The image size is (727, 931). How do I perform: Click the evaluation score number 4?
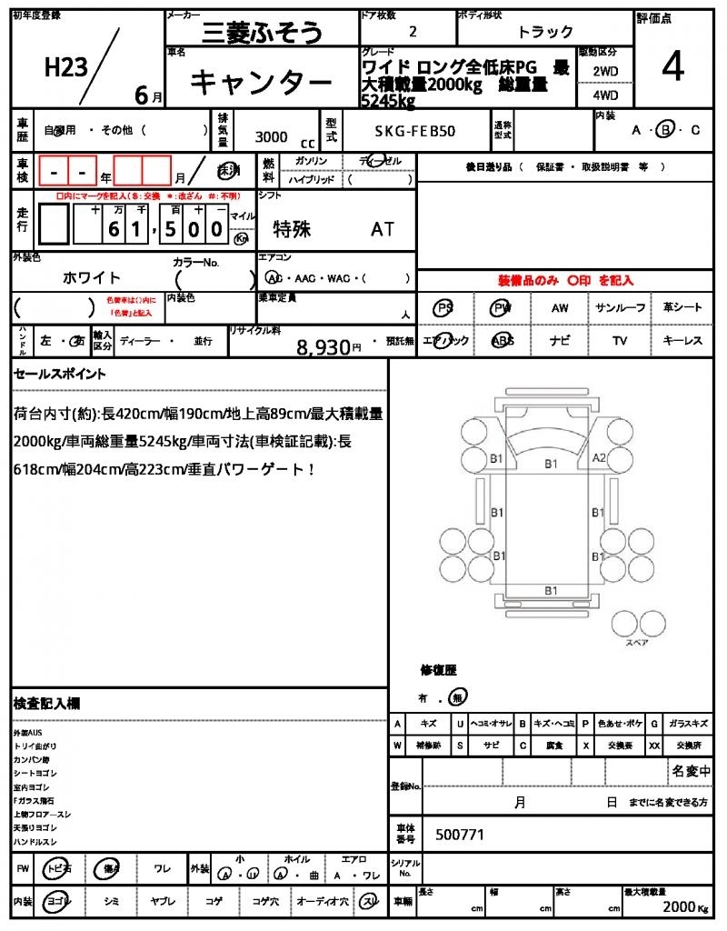[672, 69]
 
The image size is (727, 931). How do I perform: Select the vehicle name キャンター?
[261, 84]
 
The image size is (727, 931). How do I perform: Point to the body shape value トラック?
[545, 32]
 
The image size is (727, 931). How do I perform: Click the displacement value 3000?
[272, 136]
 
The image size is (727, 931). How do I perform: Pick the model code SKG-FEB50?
[415, 131]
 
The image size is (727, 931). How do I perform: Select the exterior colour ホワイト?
[92, 277]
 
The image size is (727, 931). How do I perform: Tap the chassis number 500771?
[460, 834]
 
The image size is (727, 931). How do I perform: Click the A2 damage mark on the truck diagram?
[600, 458]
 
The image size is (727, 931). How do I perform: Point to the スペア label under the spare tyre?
[636, 642]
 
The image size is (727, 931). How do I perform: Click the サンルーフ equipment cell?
[621, 308]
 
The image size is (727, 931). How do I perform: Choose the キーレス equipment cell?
[682, 341]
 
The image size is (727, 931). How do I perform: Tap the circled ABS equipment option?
[503, 341]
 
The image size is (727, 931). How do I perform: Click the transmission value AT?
[383, 229]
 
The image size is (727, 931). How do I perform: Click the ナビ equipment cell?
[560, 341]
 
